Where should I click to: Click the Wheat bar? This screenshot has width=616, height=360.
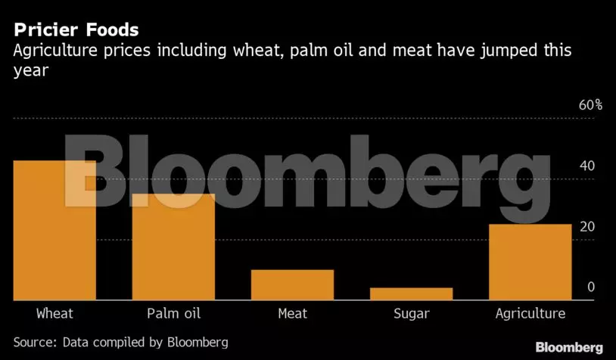tap(54, 231)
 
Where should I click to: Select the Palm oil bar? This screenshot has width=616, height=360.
tap(173, 247)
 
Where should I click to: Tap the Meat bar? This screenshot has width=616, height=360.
tap(292, 285)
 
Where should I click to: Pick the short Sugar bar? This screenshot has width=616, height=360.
tap(411, 293)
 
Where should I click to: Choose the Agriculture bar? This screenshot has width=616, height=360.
tap(530, 262)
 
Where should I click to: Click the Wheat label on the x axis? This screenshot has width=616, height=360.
tap(54, 313)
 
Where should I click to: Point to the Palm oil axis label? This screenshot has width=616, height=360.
tap(173, 313)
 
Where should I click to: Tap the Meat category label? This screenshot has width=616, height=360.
tap(292, 313)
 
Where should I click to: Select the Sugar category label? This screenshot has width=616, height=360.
tap(411, 313)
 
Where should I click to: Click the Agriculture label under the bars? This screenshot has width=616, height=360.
tap(530, 313)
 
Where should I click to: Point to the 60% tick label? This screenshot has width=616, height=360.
tap(590, 105)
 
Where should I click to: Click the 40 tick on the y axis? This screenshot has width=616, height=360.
tap(586, 166)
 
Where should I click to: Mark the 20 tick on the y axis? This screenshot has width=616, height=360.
tap(586, 227)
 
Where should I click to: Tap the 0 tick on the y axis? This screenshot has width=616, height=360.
tap(591, 287)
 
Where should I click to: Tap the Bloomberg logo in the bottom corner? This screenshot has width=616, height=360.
tap(569, 347)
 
